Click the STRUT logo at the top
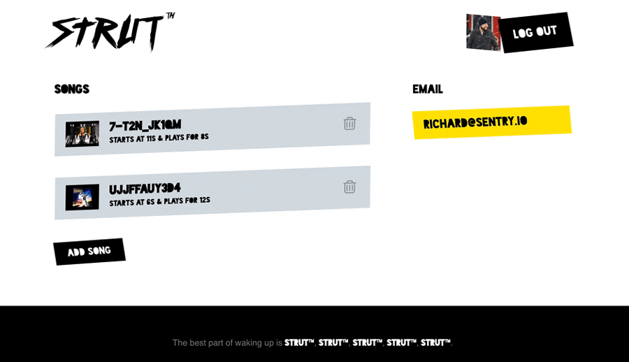pos(105,31)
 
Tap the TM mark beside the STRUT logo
pos(170,15)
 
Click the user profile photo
pos(483,32)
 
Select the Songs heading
pos(72,89)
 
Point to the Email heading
pos(427,89)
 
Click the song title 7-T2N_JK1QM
pos(145,125)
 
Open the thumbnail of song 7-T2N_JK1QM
pos(82,133)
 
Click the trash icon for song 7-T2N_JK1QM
pos(349,124)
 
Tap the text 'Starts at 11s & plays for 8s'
pos(159,138)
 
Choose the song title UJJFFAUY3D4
pos(145,188)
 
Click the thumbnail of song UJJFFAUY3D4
pos(82,197)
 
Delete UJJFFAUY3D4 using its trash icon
pos(349,187)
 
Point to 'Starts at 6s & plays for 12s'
pos(159,201)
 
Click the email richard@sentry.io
pos(475,122)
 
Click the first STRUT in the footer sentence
pos(299,343)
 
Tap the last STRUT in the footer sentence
pos(435,343)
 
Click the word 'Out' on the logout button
pos(547,31)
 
